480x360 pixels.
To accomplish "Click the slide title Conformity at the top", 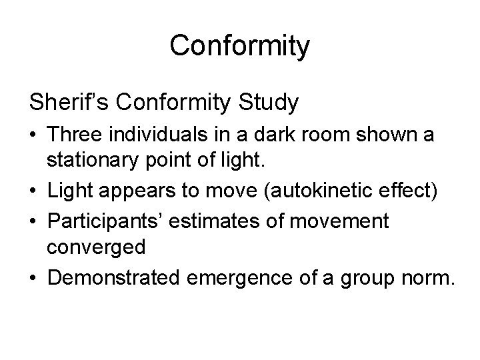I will point(240,46).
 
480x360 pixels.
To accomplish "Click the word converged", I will point(96,247).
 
